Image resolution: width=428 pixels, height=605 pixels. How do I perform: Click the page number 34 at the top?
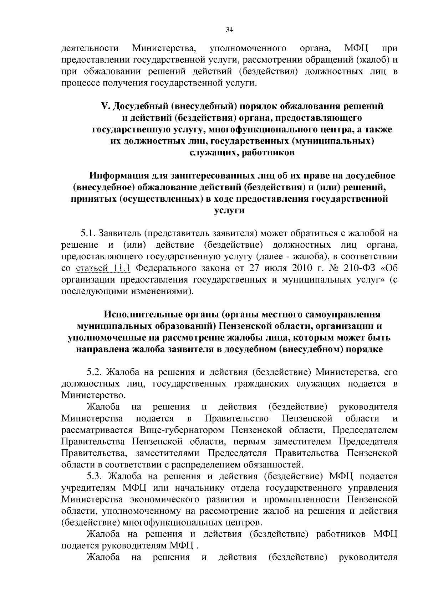pyautogui.click(x=229, y=30)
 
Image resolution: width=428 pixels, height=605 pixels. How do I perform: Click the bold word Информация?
pyautogui.click(x=119, y=176)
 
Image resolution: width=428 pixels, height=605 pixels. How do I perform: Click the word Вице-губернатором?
pyautogui.click(x=182, y=430)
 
